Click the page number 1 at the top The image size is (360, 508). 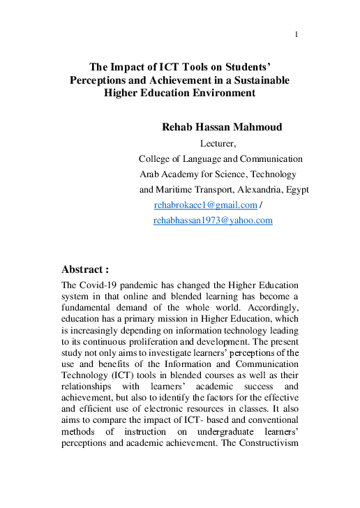(297, 34)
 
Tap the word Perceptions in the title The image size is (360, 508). (99, 80)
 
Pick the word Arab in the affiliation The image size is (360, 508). (151, 174)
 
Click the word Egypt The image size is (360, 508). (297, 189)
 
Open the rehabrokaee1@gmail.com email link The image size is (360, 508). (205, 204)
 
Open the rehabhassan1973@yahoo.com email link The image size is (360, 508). (212, 220)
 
